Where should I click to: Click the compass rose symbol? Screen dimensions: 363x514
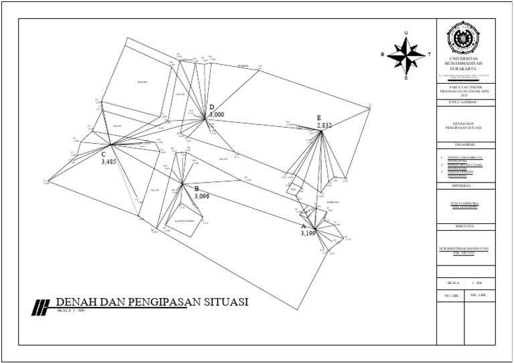pos(406,55)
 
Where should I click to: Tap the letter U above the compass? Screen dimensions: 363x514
pos(406,33)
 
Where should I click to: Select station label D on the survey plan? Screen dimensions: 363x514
pos(211,107)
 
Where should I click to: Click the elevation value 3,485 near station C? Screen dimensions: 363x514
pos(108,162)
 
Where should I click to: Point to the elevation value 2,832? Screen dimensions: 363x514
pos(325,125)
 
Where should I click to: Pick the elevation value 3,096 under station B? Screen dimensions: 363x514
pos(203,197)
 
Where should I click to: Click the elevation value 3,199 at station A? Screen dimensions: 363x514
pos(308,234)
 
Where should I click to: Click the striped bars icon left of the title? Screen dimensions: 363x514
pos(41,306)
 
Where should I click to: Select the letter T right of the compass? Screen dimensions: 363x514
pos(428,55)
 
